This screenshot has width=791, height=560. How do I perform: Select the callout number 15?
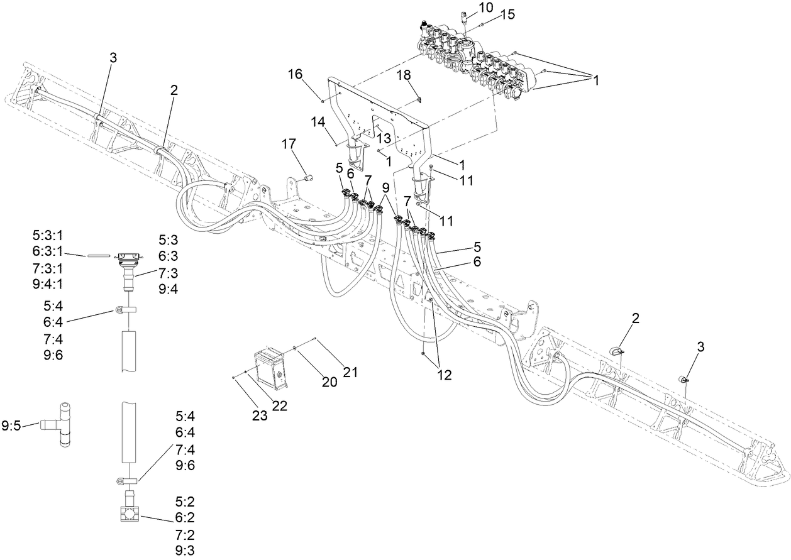click(x=507, y=15)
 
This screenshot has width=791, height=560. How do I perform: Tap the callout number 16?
click(x=296, y=75)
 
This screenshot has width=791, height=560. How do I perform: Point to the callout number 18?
click(x=403, y=75)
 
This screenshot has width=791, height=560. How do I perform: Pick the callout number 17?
click(x=289, y=144)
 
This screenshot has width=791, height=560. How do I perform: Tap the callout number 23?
click(x=260, y=415)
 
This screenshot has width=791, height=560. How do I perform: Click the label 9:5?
click(x=12, y=425)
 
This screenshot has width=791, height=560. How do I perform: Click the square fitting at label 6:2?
click(x=131, y=515)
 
